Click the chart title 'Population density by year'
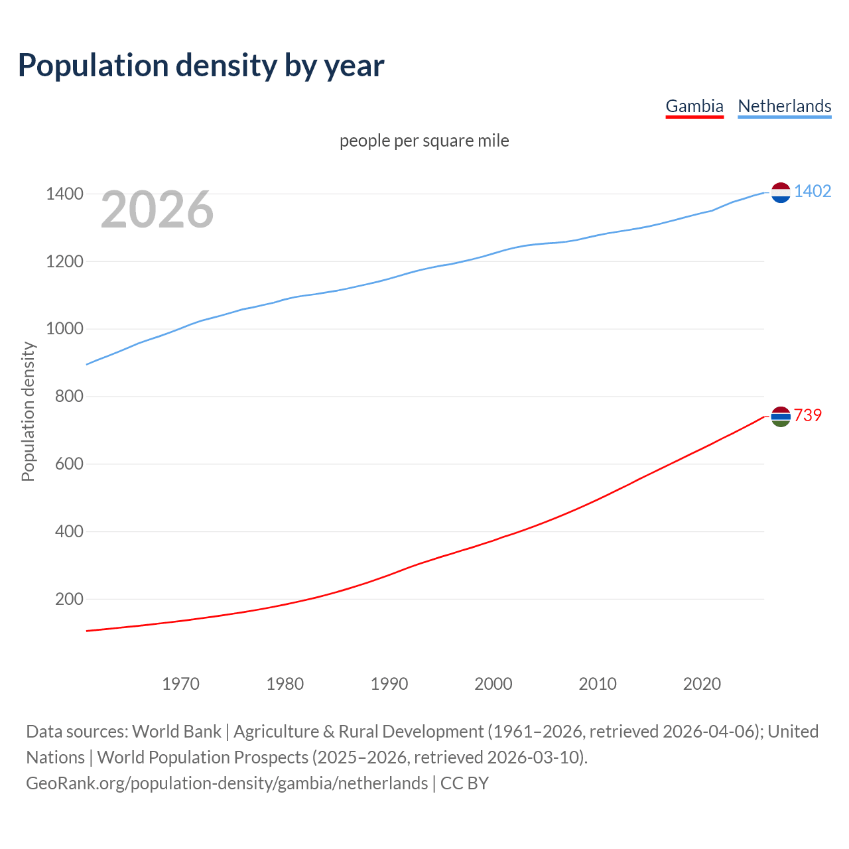(x=201, y=65)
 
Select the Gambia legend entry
(x=694, y=106)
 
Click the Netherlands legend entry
(x=784, y=106)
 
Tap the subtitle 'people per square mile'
(x=424, y=141)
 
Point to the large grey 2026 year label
(x=157, y=210)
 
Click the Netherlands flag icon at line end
(x=781, y=192)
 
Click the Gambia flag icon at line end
(x=781, y=417)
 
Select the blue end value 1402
(x=812, y=191)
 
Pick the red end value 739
(x=807, y=415)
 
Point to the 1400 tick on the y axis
(x=64, y=194)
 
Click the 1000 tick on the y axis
(x=64, y=329)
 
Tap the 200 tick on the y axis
(x=69, y=599)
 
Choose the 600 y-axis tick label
(x=69, y=464)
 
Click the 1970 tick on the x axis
(x=180, y=684)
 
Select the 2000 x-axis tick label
(x=493, y=684)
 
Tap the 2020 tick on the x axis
(x=702, y=684)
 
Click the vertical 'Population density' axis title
(x=28, y=411)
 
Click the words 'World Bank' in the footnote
(x=176, y=732)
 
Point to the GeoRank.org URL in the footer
(x=227, y=783)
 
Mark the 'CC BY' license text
(x=464, y=783)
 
